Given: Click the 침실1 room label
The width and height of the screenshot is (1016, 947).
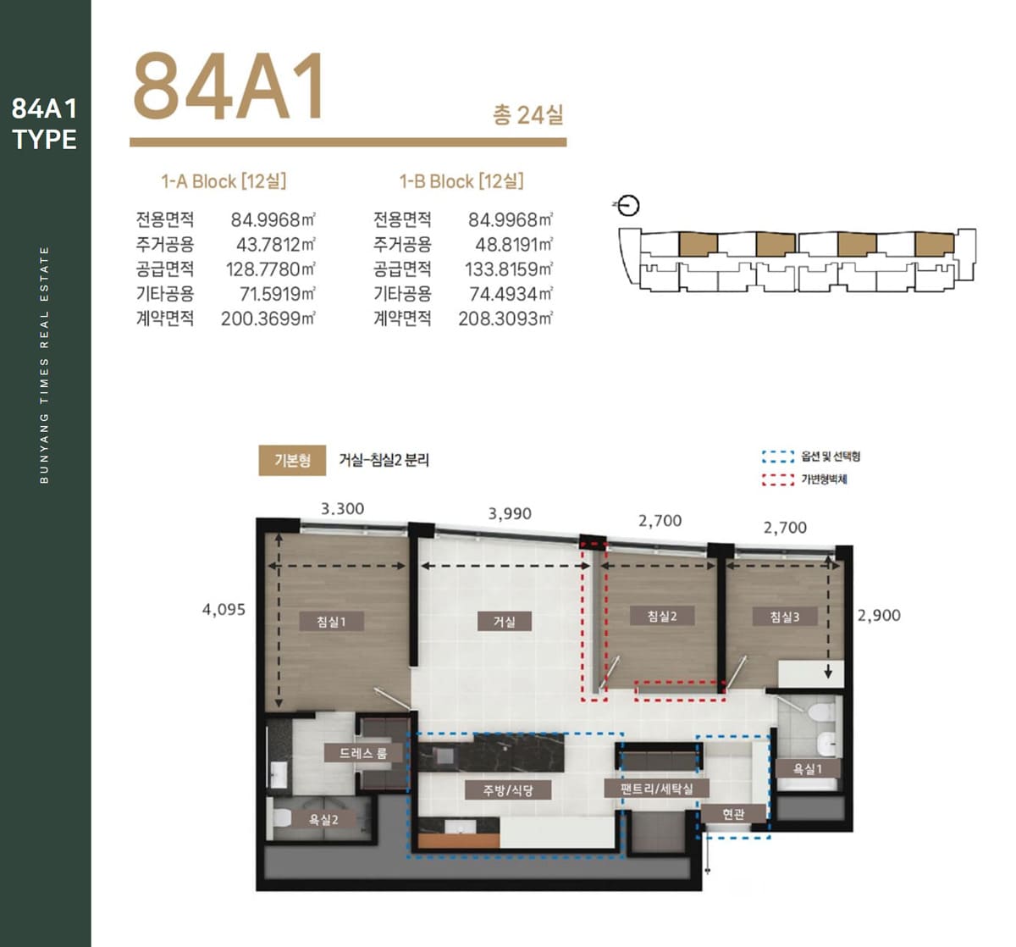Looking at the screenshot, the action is pyautogui.click(x=332, y=622).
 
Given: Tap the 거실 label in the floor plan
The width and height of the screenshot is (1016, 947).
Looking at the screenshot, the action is pyautogui.click(x=505, y=622).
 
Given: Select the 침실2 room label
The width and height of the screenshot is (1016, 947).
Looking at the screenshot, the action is pyautogui.click(x=662, y=616).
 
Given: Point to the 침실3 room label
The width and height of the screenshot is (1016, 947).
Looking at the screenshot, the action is pyautogui.click(x=785, y=617).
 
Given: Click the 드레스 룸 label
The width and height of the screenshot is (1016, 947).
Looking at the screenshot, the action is pyautogui.click(x=364, y=752).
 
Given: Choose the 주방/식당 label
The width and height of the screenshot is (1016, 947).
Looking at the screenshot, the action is pyautogui.click(x=508, y=789).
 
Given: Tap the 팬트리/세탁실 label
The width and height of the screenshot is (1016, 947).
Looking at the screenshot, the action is pyautogui.click(x=657, y=789).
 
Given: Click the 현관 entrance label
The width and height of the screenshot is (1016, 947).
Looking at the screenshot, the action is pyautogui.click(x=733, y=813).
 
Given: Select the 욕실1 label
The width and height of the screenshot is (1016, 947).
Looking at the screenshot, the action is pyautogui.click(x=808, y=768).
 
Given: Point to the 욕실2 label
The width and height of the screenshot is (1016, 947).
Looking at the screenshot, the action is pyautogui.click(x=323, y=820).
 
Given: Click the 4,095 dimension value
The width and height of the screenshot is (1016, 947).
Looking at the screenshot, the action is pyautogui.click(x=224, y=609).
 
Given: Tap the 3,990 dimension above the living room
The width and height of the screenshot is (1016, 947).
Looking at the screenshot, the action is pyautogui.click(x=510, y=513).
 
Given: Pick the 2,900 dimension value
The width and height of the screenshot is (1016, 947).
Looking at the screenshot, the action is pyautogui.click(x=879, y=615).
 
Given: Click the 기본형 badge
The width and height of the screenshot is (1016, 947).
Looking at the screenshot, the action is pyautogui.click(x=292, y=460).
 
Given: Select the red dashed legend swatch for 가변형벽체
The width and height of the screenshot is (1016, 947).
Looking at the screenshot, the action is pyautogui.click(x=777, y=479).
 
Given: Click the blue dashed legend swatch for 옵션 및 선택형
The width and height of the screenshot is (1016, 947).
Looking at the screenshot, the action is pyautogui.click(x=777, y=457).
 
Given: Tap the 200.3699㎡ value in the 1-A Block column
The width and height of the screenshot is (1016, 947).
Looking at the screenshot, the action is pyautogui.click(x=268, y=318).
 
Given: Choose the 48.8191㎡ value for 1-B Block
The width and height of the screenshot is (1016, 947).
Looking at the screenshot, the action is pyautogui.click(x=514, y=245).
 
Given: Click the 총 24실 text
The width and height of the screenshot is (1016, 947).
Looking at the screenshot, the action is pyautogui.click(x=528, y=114).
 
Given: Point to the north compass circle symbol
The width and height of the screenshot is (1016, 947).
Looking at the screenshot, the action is pyautogui.click(x=628, y=206).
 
